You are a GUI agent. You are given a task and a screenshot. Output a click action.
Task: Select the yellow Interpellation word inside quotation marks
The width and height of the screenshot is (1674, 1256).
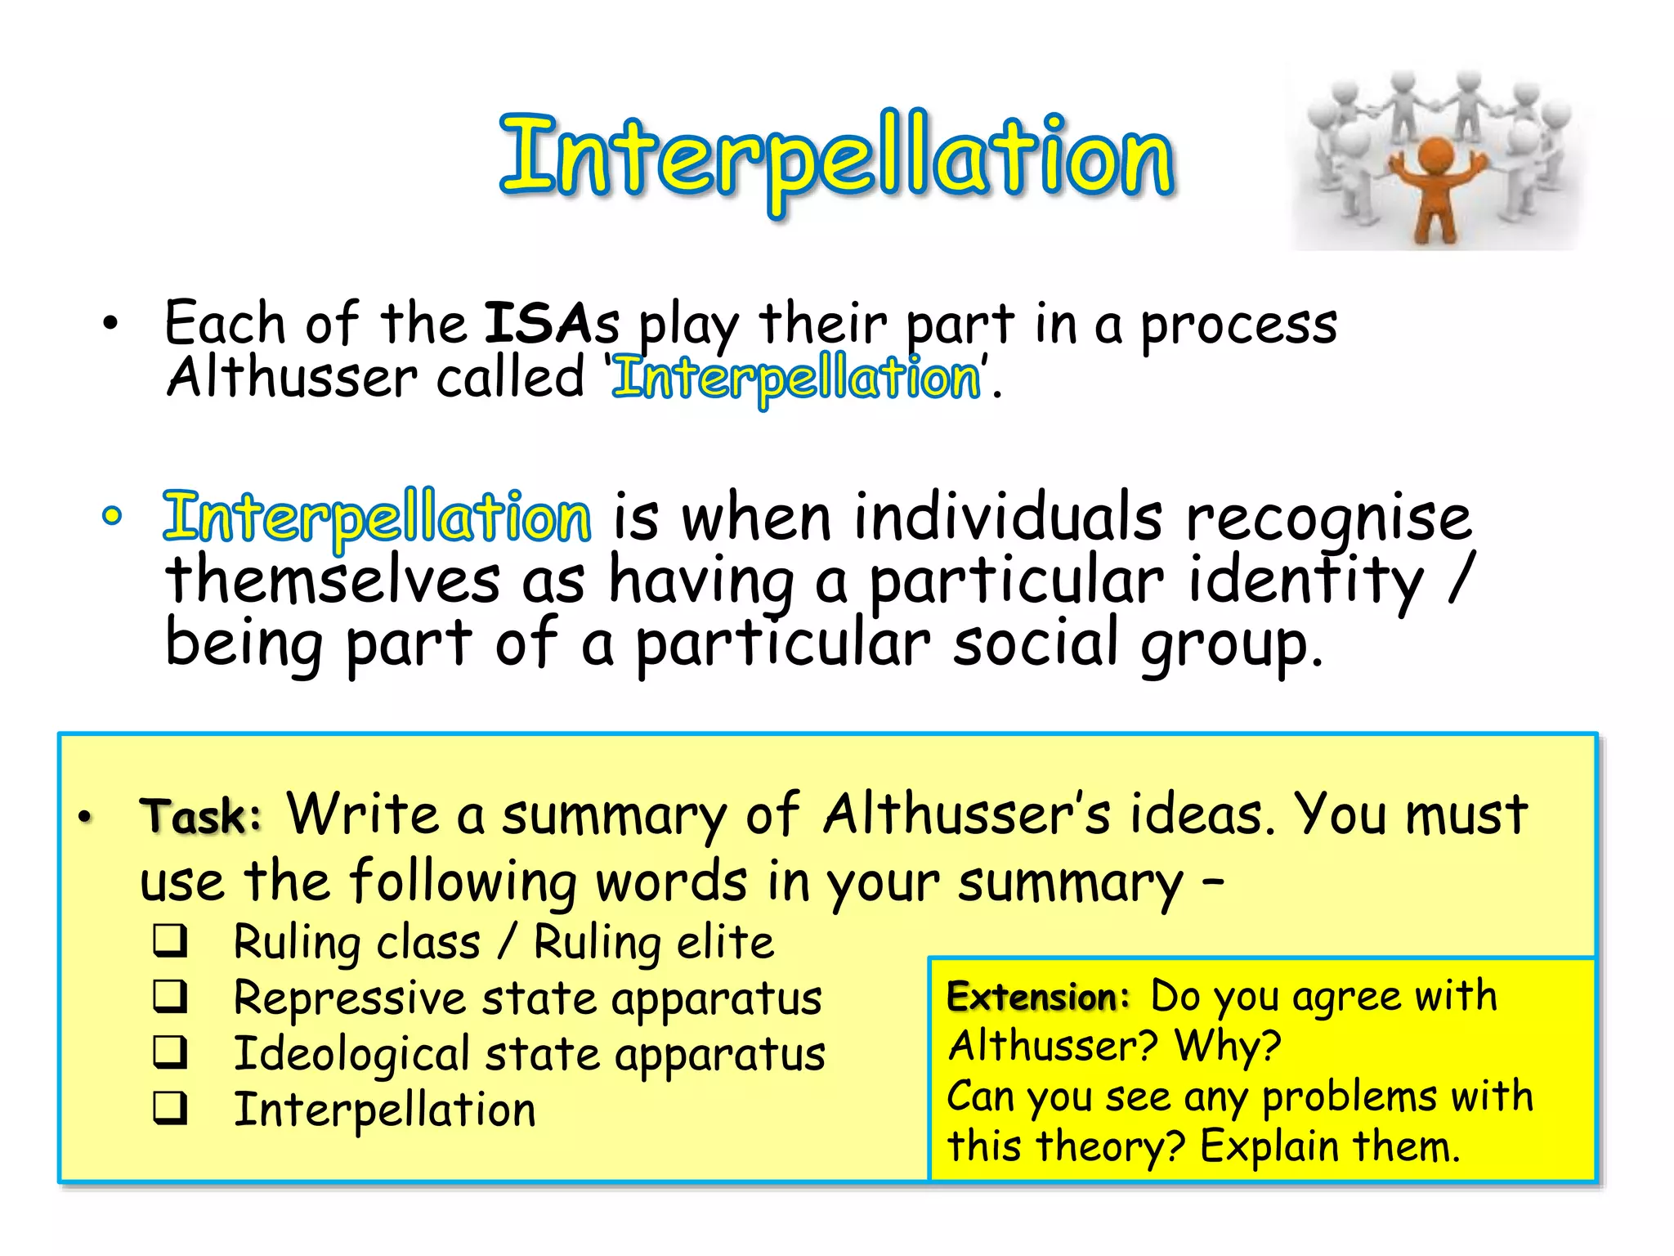797,379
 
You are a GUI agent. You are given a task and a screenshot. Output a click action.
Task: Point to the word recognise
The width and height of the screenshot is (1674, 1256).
1328,519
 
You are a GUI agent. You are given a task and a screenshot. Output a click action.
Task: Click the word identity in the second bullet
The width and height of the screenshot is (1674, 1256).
1305,581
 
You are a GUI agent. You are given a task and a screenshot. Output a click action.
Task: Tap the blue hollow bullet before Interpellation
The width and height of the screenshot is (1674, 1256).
112,515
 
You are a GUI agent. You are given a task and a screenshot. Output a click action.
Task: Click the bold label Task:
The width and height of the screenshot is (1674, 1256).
201,816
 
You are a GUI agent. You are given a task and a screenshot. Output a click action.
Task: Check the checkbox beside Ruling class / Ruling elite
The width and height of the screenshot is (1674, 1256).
170,941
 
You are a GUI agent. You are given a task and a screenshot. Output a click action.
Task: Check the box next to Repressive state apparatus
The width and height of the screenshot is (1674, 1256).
170,997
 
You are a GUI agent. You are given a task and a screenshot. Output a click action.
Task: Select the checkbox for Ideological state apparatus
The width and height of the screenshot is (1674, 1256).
170,1052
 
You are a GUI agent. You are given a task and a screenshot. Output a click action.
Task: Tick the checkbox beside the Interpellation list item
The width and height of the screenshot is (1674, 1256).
170,1109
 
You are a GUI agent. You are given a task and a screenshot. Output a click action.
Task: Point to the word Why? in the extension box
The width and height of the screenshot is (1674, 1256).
1228,1046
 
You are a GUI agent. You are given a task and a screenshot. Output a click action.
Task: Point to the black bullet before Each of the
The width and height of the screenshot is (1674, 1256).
110,324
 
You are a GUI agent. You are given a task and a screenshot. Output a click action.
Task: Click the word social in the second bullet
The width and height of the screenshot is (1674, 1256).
1035,643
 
